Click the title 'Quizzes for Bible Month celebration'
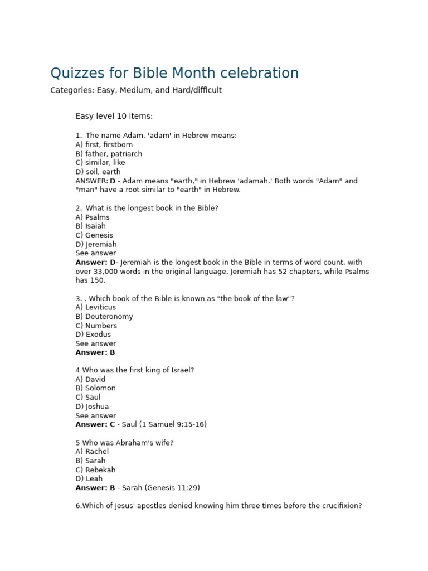click(x=174, y=73)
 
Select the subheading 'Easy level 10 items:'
click(x=114, y=116)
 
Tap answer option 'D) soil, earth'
click(x=98, y=172)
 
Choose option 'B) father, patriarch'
click(x=109, y=154)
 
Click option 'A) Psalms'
click(x=93, y=217)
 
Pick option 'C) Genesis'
click(x=94, y=235)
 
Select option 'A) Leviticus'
click(x=96, y=307)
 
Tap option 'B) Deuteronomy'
click(x=104, y=317)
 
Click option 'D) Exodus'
click(x=93, y=335)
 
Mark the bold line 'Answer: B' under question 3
click(x=95, y=352)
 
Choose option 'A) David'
click(x=90, y=380)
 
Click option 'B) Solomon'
click(x=96, y=389)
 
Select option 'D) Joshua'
click(x=93, y=407)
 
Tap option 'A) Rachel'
click(x=93, y=452)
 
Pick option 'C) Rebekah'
click(x=96, y=470)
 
